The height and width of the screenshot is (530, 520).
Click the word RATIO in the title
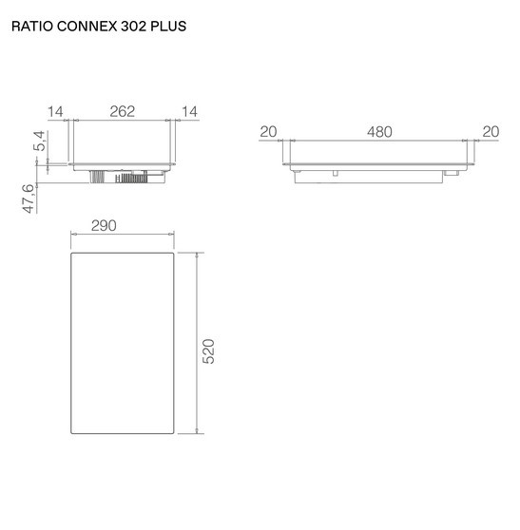32,27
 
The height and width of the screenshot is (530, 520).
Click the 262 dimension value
122,112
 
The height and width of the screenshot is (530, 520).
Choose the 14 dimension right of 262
189,112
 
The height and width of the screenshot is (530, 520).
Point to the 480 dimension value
379,132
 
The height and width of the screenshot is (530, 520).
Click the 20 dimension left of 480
268,132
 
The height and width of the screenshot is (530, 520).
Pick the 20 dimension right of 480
491,132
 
